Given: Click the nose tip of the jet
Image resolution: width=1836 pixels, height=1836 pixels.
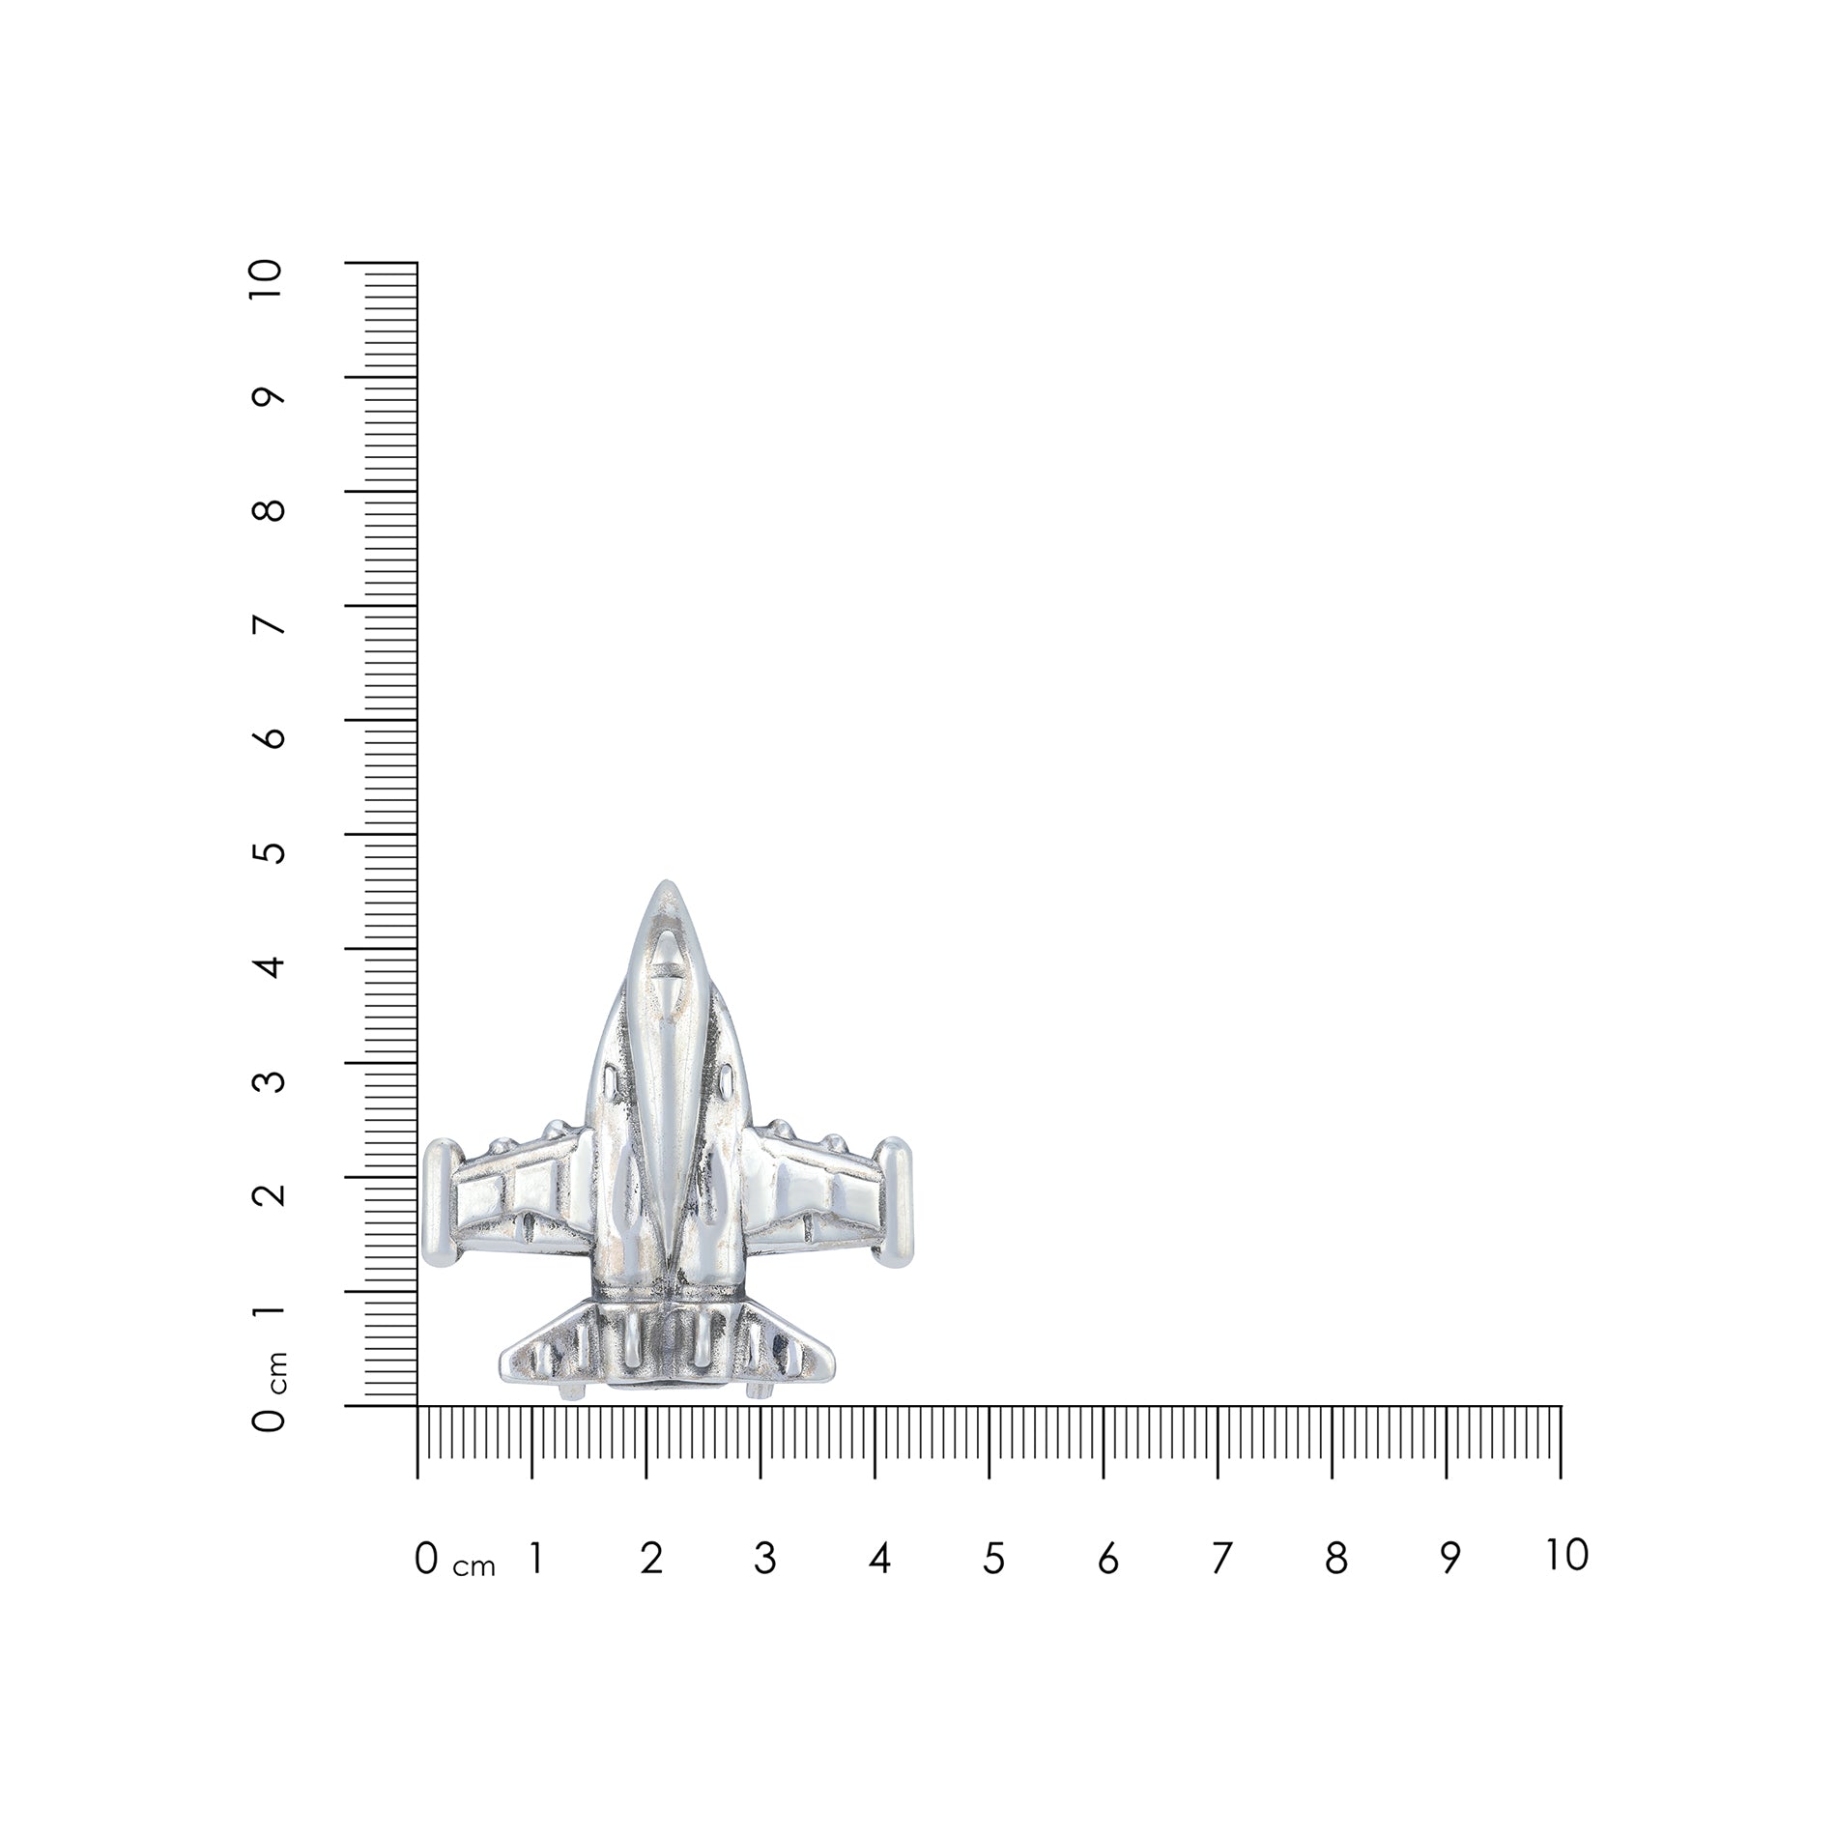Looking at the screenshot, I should coord(666,884).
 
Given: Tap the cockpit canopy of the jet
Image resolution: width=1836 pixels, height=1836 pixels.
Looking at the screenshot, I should coord(664,966).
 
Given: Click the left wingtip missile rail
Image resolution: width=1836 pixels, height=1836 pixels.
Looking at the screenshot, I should coord(440,1203).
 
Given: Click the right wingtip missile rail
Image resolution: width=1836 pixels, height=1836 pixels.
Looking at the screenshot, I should coord(893,1202).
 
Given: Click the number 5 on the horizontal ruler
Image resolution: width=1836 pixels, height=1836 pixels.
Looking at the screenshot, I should coord(993,1559).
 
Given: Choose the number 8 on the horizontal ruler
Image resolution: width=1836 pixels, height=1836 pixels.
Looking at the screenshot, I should coord(1335,1559).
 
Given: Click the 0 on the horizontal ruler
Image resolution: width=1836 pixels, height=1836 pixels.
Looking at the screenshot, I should coord(426,1559).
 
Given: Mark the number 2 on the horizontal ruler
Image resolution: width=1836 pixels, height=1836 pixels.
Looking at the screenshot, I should coord(651,1559).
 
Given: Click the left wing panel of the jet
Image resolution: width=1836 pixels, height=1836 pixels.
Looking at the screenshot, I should coord(522,1198).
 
